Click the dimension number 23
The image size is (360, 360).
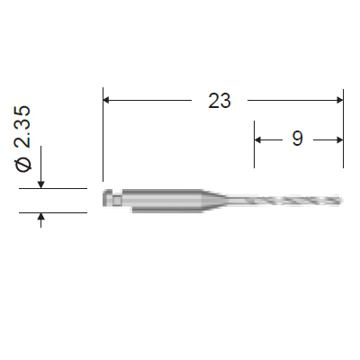[x=220, y=101]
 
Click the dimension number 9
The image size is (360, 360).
[x=297, y=139]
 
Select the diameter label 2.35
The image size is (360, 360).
[x=22, y=127]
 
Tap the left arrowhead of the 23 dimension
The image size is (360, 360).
[x=106, y=100]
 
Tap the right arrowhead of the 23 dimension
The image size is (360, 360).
[x=340, y=100]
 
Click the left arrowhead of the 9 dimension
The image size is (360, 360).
[x=257, y=139]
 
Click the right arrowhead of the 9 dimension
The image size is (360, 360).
[x=340, y=139]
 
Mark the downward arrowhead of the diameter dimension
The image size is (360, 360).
[x=41, y=184]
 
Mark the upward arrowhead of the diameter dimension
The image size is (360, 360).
[x=41, y=217]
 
